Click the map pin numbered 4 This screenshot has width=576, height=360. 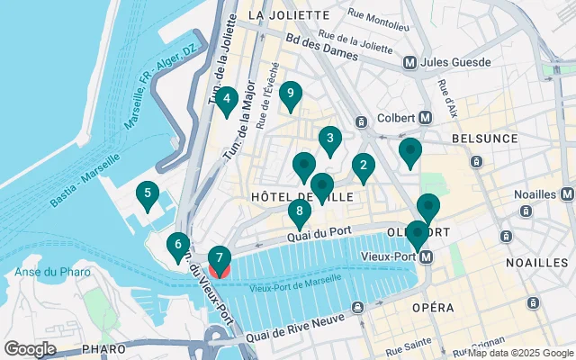coord(227,99)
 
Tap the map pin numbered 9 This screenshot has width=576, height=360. coord(290,93)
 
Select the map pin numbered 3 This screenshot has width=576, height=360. coord(330,139)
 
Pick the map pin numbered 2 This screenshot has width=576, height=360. coord(363,165)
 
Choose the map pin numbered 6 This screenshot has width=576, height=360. coord(178,244)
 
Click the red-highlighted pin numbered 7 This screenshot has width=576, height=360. coord(220,259)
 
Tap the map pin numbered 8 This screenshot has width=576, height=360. coord(300,211)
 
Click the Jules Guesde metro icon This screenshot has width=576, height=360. coord(409,63)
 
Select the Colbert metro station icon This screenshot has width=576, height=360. coord(426,118)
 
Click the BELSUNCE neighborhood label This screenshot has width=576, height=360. coord(487,139)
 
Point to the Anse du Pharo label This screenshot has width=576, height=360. coord(49,273)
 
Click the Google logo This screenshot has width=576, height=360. coord(30,348)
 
